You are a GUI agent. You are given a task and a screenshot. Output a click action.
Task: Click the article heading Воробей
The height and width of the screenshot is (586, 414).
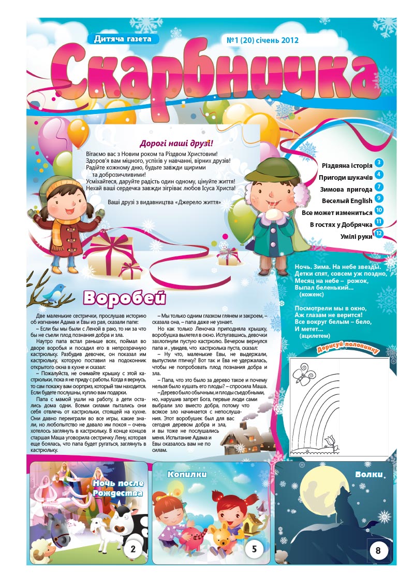[124, 298]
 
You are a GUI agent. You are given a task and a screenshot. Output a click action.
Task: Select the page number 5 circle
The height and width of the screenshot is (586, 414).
[254, 549]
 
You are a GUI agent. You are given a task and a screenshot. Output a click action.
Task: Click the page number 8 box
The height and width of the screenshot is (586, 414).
[378, 551]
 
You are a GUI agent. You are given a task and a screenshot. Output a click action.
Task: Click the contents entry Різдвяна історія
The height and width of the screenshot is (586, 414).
[347, 165]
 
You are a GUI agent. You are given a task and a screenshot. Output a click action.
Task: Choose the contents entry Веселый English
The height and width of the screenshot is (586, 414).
[347, 201]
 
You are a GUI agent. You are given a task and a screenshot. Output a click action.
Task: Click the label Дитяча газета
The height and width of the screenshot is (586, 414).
[123, 39]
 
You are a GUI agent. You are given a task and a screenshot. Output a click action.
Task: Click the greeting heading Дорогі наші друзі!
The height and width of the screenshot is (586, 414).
[176, 143]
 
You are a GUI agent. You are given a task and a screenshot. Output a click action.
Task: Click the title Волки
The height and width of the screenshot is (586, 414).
[369, 474]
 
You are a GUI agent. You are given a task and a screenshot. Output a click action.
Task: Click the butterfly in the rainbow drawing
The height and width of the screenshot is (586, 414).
[301, 374]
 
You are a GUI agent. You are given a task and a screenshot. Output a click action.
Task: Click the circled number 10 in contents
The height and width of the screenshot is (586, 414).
[379, 210]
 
